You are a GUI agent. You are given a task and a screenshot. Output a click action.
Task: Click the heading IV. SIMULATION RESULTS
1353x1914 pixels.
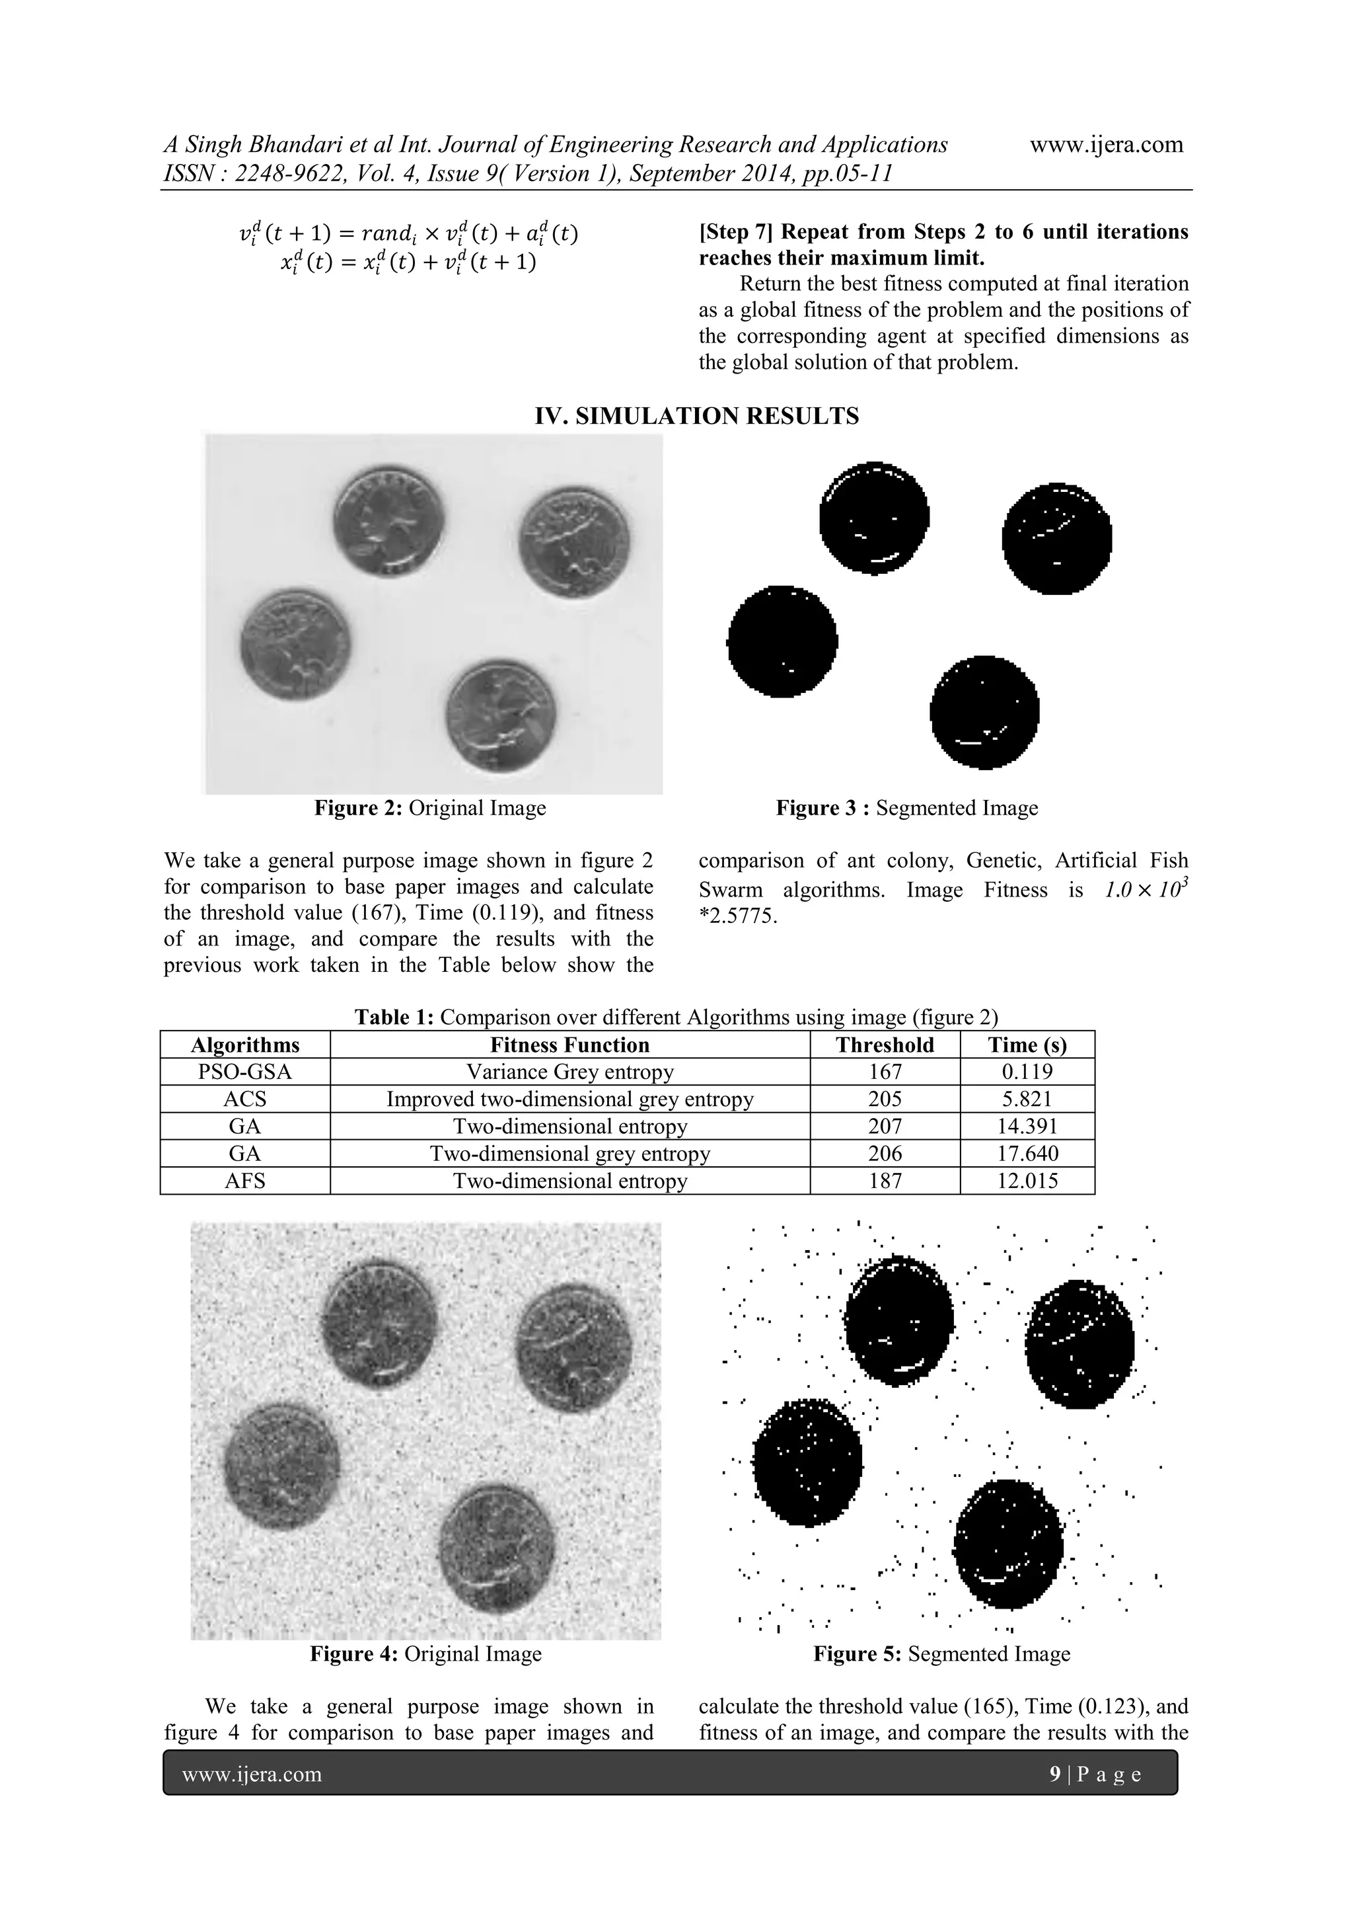696,416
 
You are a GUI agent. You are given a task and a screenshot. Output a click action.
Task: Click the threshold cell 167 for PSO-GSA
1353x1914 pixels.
884,1072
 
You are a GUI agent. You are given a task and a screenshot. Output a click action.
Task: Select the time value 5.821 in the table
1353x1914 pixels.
1027,1099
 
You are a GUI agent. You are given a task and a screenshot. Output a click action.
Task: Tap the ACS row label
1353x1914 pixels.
245,1099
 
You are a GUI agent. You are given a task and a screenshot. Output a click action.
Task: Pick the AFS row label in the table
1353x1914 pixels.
245,1181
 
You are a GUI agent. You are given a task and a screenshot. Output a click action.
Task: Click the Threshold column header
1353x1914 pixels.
884,1045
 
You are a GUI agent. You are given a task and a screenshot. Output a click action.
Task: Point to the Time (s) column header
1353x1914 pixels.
1027,1045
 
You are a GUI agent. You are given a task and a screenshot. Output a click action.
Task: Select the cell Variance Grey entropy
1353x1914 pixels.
570,1072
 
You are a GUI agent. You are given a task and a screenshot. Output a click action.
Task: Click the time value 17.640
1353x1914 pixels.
1027,1154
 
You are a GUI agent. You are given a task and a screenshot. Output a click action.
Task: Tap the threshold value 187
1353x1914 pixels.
884,1181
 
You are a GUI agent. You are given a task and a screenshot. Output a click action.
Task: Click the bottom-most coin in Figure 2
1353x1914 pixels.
501,719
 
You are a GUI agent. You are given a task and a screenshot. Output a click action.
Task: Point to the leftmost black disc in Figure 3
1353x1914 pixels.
782,641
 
